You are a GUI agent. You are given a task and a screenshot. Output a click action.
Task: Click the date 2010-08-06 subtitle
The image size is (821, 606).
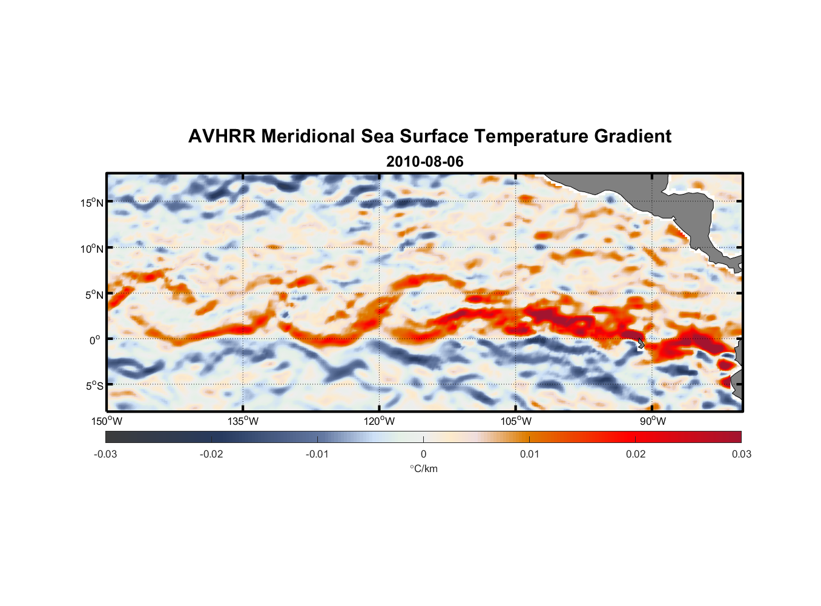(x=424, y=162)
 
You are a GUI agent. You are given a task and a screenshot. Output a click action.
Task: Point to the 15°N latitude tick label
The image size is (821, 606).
(x=92, y=202)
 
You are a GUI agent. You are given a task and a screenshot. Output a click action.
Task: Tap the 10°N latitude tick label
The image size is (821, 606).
(x=92, y=248)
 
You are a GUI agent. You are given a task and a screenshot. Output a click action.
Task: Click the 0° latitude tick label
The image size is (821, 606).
(x=95, y=340)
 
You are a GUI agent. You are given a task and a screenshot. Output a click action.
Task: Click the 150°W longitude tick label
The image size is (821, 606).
(x=107, y=421)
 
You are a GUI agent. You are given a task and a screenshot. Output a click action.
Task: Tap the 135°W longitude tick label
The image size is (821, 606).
(x=243, y=421)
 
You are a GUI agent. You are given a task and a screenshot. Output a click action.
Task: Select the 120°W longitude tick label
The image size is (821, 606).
(x=380, y=421)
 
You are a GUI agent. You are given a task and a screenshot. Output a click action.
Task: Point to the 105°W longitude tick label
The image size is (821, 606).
(x=516, y=421)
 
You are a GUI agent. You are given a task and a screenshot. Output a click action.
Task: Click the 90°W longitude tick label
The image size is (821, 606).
(x=653, y=421)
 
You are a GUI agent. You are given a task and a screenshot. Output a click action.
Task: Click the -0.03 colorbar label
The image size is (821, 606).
(x=105, y=454)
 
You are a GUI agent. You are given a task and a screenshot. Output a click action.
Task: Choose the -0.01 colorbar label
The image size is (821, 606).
(x=317, y=454)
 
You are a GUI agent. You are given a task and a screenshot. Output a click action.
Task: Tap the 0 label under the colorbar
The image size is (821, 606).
(x=423, y=454)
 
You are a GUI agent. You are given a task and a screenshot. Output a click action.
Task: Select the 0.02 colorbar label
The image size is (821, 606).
(x=636, y=454)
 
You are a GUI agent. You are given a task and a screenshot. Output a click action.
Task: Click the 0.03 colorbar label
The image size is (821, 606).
(x=741, y=454)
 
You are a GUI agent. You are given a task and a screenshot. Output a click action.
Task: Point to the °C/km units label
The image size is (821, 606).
(x=423, y=468)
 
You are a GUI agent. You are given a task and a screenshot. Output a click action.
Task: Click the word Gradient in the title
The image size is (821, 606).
(x=633, y=136)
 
